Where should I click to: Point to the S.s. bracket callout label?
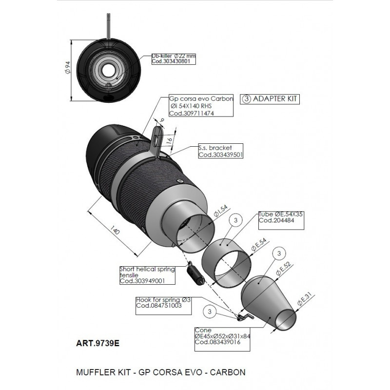(x=220, y=151)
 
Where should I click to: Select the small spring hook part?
(x=244, y=317)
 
